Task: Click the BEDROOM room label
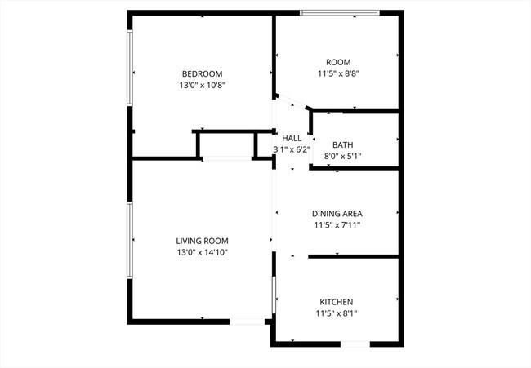(202, 73)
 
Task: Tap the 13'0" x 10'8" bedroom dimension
(202, 85)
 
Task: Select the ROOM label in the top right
(337, 62)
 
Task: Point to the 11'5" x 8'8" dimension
(337, 73)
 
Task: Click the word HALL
(292, 138)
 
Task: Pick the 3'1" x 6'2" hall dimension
(292, 149)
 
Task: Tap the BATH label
(342, 144)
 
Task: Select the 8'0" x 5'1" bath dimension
(342, 156)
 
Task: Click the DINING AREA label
(337, 214)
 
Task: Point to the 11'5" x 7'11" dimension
(337, 225)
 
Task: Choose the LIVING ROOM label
(202, 241)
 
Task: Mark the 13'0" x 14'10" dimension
(202, 252)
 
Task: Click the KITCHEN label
(337, 301)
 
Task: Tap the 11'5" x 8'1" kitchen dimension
(337, 313)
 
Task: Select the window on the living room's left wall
(131, 241)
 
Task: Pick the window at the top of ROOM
(339, 12)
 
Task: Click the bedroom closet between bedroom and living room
(225, 144)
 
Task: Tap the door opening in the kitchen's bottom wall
(355, 344)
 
